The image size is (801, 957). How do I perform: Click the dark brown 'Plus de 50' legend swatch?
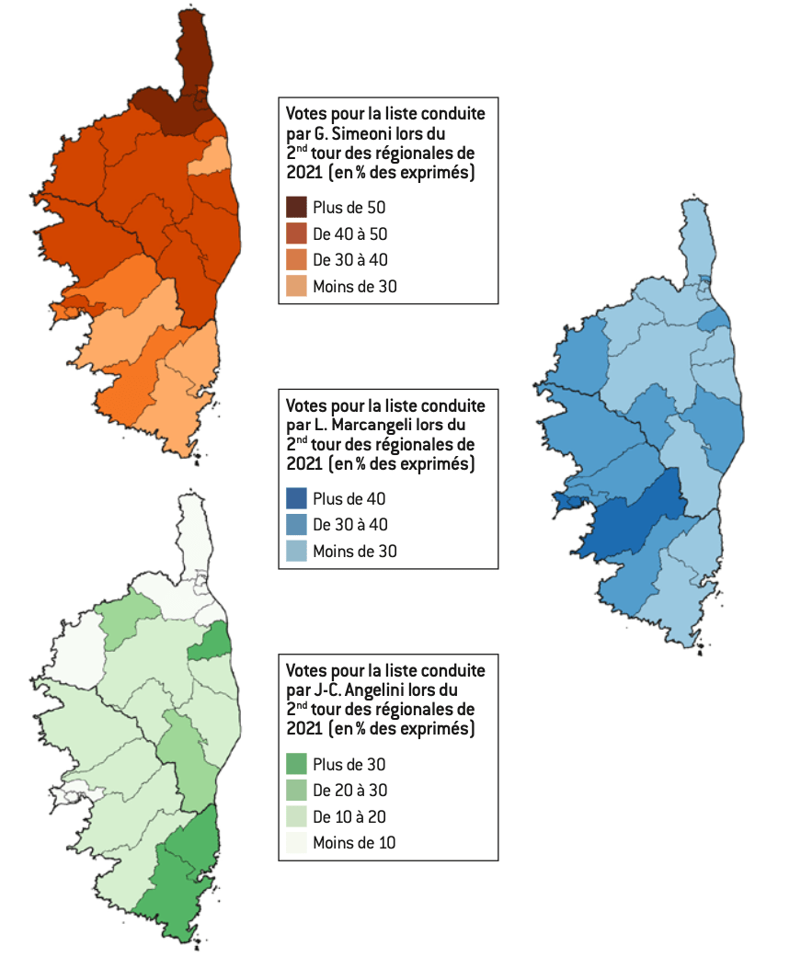coord(296,207)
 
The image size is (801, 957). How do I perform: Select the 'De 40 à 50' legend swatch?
coord(296,234)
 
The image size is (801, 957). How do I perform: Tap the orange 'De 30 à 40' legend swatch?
coord(296,260)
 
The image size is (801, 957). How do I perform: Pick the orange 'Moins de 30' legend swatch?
coord(296,286)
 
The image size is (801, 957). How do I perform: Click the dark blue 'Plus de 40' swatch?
coord(296,498)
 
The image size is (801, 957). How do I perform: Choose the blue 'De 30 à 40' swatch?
coord(296,525)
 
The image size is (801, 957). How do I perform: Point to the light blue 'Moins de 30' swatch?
coord(296,552)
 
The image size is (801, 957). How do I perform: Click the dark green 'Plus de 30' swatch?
coord(296,763)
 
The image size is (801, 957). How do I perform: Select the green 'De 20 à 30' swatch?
coord(296,790)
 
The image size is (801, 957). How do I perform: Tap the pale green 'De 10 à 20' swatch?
coord(296,816)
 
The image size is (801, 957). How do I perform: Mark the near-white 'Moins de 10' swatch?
coord(296,842)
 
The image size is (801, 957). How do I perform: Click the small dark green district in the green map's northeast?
coord(212,644)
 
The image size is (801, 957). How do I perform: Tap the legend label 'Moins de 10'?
coord(354,843)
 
